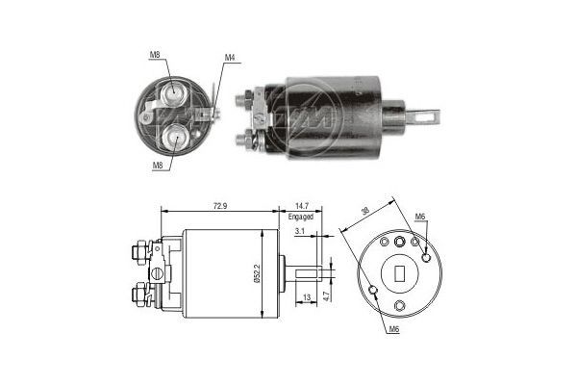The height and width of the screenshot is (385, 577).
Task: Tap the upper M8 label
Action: click(x=155, y=55)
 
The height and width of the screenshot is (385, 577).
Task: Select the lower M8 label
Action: click(x=158, y=165)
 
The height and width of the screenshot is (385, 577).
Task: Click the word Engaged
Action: click(x=300, y=218)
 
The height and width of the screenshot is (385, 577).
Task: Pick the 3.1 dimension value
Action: click(x=301, y=232)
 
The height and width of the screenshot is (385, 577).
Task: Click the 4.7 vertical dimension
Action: click(x=328, y=296)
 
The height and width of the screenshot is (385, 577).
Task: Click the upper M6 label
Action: click(x=419, y=216)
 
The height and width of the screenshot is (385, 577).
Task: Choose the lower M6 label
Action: click(x=395, y=330)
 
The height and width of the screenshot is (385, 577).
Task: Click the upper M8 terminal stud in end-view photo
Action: click(x=173, y=93)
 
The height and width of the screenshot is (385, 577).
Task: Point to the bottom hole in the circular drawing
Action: click(x=399, y=307)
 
